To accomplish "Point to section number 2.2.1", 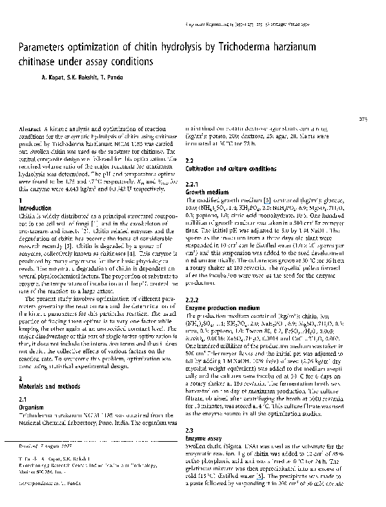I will tap(193, 184).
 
